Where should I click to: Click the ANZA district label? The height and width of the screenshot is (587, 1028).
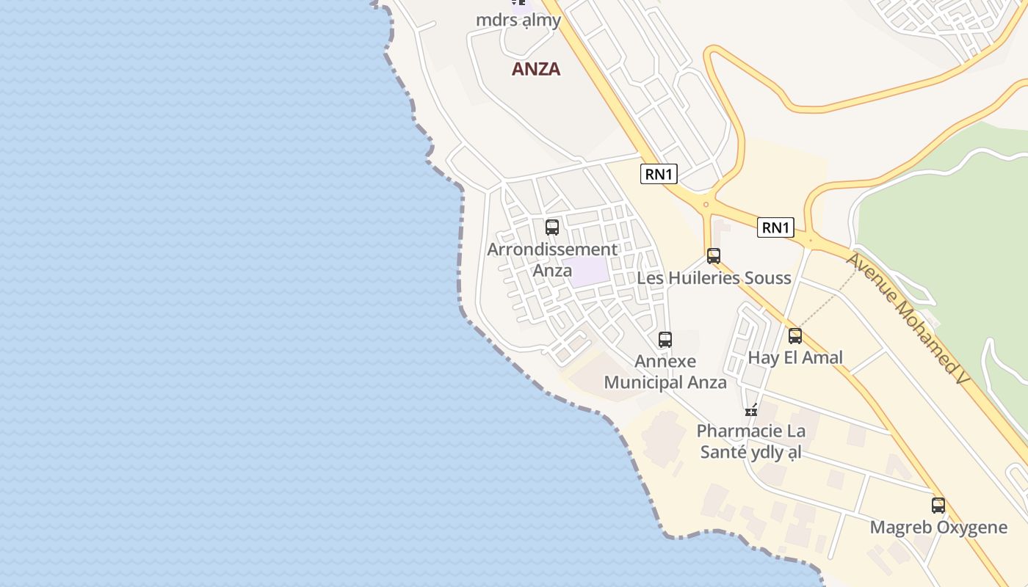(536, 69)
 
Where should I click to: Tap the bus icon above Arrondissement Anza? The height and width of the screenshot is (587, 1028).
(552, 227)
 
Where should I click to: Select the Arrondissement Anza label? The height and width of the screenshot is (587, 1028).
(552, 260)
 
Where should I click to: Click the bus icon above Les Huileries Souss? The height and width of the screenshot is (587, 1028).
(714, 256)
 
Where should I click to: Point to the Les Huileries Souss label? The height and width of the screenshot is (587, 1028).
(714, 278)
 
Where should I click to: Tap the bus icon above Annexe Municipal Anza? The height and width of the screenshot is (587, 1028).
(665, 340)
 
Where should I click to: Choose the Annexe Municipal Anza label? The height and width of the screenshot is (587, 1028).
(665, 372)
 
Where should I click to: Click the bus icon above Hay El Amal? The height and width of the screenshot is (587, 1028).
(795, 336)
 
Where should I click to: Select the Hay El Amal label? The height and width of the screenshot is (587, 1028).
(795, 358)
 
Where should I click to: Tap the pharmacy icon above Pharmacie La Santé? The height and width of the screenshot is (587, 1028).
(751, 410)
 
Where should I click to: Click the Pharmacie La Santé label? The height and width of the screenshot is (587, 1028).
(750, 442)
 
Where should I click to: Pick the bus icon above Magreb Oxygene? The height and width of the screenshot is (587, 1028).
(938, 506)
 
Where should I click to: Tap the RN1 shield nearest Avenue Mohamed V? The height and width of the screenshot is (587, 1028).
(775, 227)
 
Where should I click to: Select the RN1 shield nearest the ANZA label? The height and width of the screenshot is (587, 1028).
(659, 174)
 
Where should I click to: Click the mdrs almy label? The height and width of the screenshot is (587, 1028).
(518, 20)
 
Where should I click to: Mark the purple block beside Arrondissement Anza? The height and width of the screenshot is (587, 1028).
(589, 271)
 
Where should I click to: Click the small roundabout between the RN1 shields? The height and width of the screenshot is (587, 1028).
(706, 205)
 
